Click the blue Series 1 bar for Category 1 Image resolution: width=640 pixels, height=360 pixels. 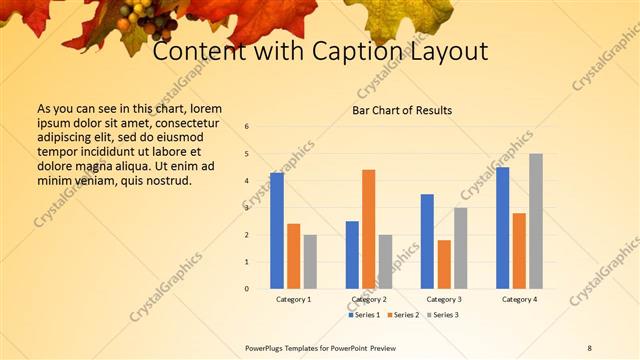277,231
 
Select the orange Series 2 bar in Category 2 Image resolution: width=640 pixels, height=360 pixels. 369,229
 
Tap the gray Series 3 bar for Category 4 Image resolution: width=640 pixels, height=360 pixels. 536,221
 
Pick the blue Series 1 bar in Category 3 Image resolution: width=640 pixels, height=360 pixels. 427,241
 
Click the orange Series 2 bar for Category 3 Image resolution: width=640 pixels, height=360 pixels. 444,264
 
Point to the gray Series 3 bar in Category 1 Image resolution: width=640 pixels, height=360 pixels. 310,262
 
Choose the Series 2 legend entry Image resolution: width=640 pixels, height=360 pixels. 405,315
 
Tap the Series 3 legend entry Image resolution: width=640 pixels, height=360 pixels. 444,315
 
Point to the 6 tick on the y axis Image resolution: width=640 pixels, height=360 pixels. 247,127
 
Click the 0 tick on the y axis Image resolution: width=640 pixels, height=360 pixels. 247,289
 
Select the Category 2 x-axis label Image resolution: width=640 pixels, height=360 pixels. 369,299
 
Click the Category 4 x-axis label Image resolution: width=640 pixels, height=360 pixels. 519,299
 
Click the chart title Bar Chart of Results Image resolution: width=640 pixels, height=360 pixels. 402,110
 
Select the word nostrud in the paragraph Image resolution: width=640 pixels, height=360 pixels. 167,180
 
